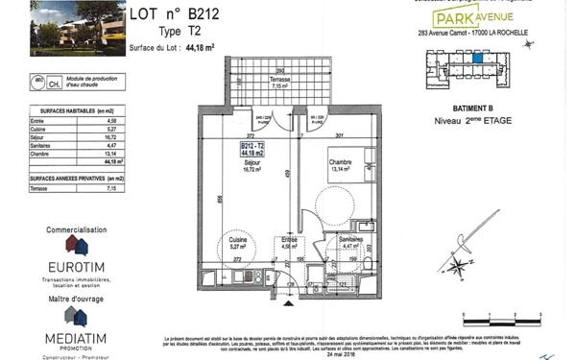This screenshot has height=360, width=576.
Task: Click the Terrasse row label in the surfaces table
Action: (40, 189)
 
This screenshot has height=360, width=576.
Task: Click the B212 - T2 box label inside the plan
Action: (253, 147)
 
